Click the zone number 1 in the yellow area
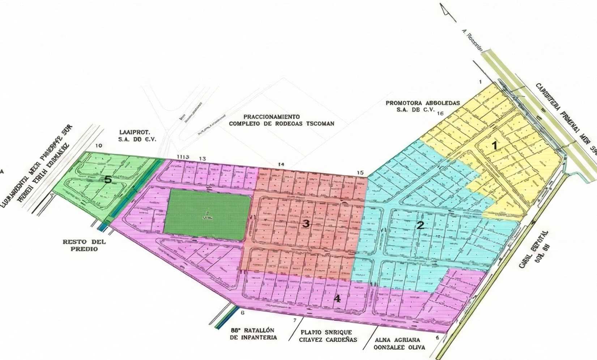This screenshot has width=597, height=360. pyautogui.click(x=494, y=145)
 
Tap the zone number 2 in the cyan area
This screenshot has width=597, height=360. pyautogui.click(x=420, y=226)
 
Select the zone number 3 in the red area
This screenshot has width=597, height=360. pyautogui.click(x=306, y=224)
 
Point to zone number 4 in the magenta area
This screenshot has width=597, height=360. pyautogui.click(x=337, y=299)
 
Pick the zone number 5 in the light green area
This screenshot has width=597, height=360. pyautogui.click(x=107, y=179)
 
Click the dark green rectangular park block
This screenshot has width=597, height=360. pyautogui.click(x=207, y=215)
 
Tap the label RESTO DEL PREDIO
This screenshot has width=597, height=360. pyautogui.click(x=81, y=245)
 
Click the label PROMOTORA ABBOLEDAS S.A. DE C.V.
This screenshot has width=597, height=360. pyautogui.click(x=422, y=106)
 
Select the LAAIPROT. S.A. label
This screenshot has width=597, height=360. pyautogui.click(x=137, y=136)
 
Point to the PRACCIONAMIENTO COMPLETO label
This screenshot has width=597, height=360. pyautogui.click(x=281, y=120)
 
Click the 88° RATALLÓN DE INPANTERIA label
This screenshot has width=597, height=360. pyautogui.click(x=253, y=334)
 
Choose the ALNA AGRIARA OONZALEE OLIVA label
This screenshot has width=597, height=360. pyautogui.click(x=400, y=343)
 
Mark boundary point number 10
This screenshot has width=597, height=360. pyautogui.click(x=98, y=146)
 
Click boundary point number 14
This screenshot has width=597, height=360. pyautogui.click(x=281, y=164)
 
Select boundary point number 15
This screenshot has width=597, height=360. pyautogui.click(x=360, y=172)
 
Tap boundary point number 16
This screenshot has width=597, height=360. pyautogui.click(x=440, y=113)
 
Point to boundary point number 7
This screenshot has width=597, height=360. pyautogui.click(x=295, y=320)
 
